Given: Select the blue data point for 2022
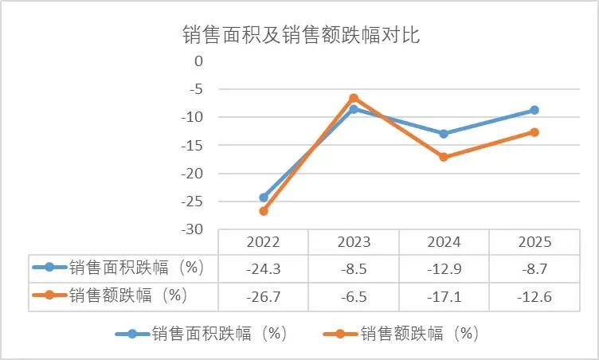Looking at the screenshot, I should pyautogui.click(x=264, y=198).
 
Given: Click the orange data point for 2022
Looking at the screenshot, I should pyautogui.click(x=264, y=211).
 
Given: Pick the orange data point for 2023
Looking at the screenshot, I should pyautogui.click(x=354, y=98).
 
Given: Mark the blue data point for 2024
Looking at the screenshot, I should pyautogui.click(x=444, y=134).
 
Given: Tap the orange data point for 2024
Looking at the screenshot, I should pyautogui.click(x=444, y=157).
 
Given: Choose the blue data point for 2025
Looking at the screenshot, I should pyautogui.click(x=534, y=110).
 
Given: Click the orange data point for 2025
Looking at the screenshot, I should pyautogui.click(x=534, y=132).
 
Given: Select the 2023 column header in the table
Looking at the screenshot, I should pyautogui.click(x=354, y=242).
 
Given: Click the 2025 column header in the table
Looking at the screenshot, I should pyautogui.click(x=534, y=242).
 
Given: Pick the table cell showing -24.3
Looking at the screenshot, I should pyautogui.click(x=264, y=269).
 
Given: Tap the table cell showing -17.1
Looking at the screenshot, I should pyautogui.click(x=444, y=297).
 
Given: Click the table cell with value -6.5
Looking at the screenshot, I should pyautogui.click(x=354, y=297).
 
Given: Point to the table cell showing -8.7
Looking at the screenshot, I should pyautogui.click(x=534, y=269).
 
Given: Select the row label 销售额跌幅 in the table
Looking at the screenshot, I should pyautogui.click(x=127, y=295).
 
